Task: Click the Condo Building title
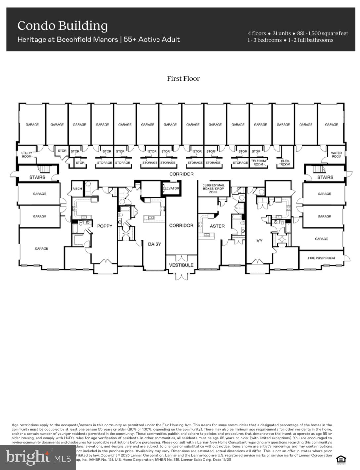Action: click(x=62, y=26)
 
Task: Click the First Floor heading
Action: click(x=183, y=78)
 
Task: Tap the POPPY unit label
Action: click(x=105, y=226)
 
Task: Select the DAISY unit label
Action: click(x=154, y=244)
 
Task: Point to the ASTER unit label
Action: click(x=217, y=226)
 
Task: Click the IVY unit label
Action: click(x=259, y=240)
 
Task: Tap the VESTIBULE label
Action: click(x=181, y=265)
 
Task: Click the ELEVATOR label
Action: click(x=171, y=188)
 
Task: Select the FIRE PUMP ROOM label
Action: click(x=321, y=258)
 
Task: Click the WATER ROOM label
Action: click(x=336, y=155)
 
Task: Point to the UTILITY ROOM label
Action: click(x=27, y=155)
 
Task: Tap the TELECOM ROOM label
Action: click(x=258, y=162)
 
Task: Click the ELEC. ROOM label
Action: click(x=285, y=162)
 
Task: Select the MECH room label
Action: click(x=77, y=188)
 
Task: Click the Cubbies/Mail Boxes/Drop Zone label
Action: click(x=213, y=188)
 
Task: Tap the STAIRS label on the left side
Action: click(x=37, y=177)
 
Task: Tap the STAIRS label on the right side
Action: click(x=325, y=177)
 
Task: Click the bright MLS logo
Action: click(x=38, y=457)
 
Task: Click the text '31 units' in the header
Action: click(x=281, y=33)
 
